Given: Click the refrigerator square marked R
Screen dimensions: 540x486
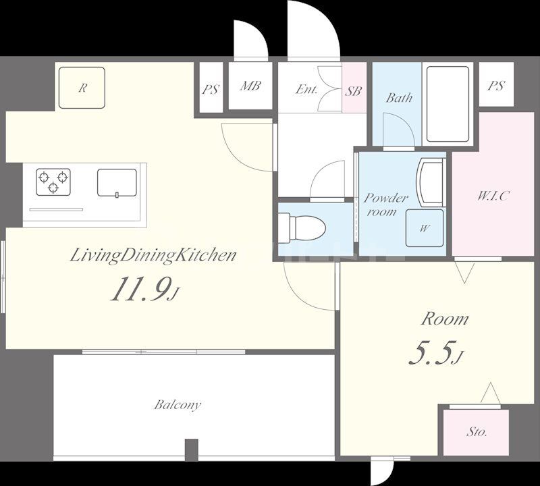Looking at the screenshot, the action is click(82, 88).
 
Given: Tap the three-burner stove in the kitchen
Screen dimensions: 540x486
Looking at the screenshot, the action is click(53, 182).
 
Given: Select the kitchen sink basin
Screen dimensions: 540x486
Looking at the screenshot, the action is click(117, 183).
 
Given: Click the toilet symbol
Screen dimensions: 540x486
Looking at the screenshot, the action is click(302, 228).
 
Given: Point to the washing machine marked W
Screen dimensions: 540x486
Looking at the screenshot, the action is click(425, 228).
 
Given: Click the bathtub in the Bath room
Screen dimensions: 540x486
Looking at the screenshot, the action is click(448, 105).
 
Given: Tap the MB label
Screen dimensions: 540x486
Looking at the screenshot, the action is click(250, 86).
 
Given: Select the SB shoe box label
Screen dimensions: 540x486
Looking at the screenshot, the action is click(354, 90).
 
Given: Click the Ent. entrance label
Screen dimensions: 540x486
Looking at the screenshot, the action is click(306, 90).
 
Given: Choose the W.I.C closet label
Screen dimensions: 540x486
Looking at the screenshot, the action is click(493, 196).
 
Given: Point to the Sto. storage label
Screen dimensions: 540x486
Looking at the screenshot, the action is click(477, 431).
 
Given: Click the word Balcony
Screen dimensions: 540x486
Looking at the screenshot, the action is click(178, 404).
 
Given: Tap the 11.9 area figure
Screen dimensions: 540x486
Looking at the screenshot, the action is click(140, 289).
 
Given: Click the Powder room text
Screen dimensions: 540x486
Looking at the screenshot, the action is click(385, 205).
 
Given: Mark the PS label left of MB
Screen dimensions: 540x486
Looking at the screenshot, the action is click(211, 90).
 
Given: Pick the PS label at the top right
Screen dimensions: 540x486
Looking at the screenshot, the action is click(496, 85).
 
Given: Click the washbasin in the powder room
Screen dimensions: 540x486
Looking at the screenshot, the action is click(431, 182).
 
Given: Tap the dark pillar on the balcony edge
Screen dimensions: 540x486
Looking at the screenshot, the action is click(192, 450).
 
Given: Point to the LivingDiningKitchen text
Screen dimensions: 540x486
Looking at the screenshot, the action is click(154, 256).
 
